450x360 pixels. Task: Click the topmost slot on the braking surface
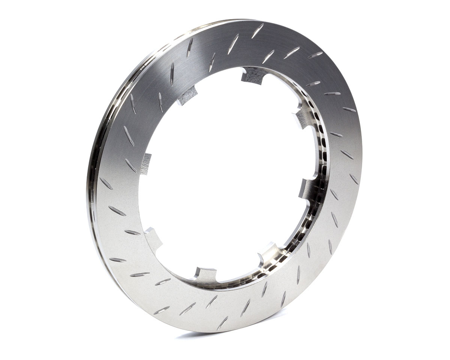[258, 30]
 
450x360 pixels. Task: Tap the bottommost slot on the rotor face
[222, 323]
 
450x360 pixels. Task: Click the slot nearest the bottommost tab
[211, 301]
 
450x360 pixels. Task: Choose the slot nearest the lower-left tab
[132, 232]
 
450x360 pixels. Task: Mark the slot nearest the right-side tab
[334, 194]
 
